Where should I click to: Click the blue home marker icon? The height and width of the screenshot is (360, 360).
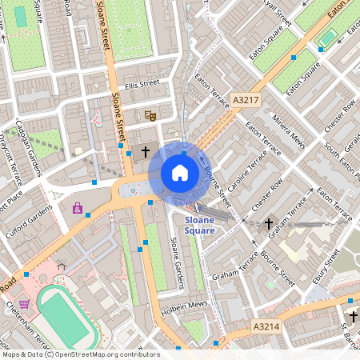[x=179, y=173]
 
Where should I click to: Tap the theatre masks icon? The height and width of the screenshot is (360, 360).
[x=149, y=115]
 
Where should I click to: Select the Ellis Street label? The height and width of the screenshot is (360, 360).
[x=142, y=82]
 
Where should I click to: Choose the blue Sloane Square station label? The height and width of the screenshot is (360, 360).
[x=199, y=225]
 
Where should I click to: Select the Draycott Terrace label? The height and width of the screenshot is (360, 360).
[x=11, y=163]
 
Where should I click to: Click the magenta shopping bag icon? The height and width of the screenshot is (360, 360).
[x=78, y=209]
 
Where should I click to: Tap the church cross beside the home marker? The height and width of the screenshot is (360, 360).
[x=146, y=150]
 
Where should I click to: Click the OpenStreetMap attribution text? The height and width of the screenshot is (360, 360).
[x=80, y=354]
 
